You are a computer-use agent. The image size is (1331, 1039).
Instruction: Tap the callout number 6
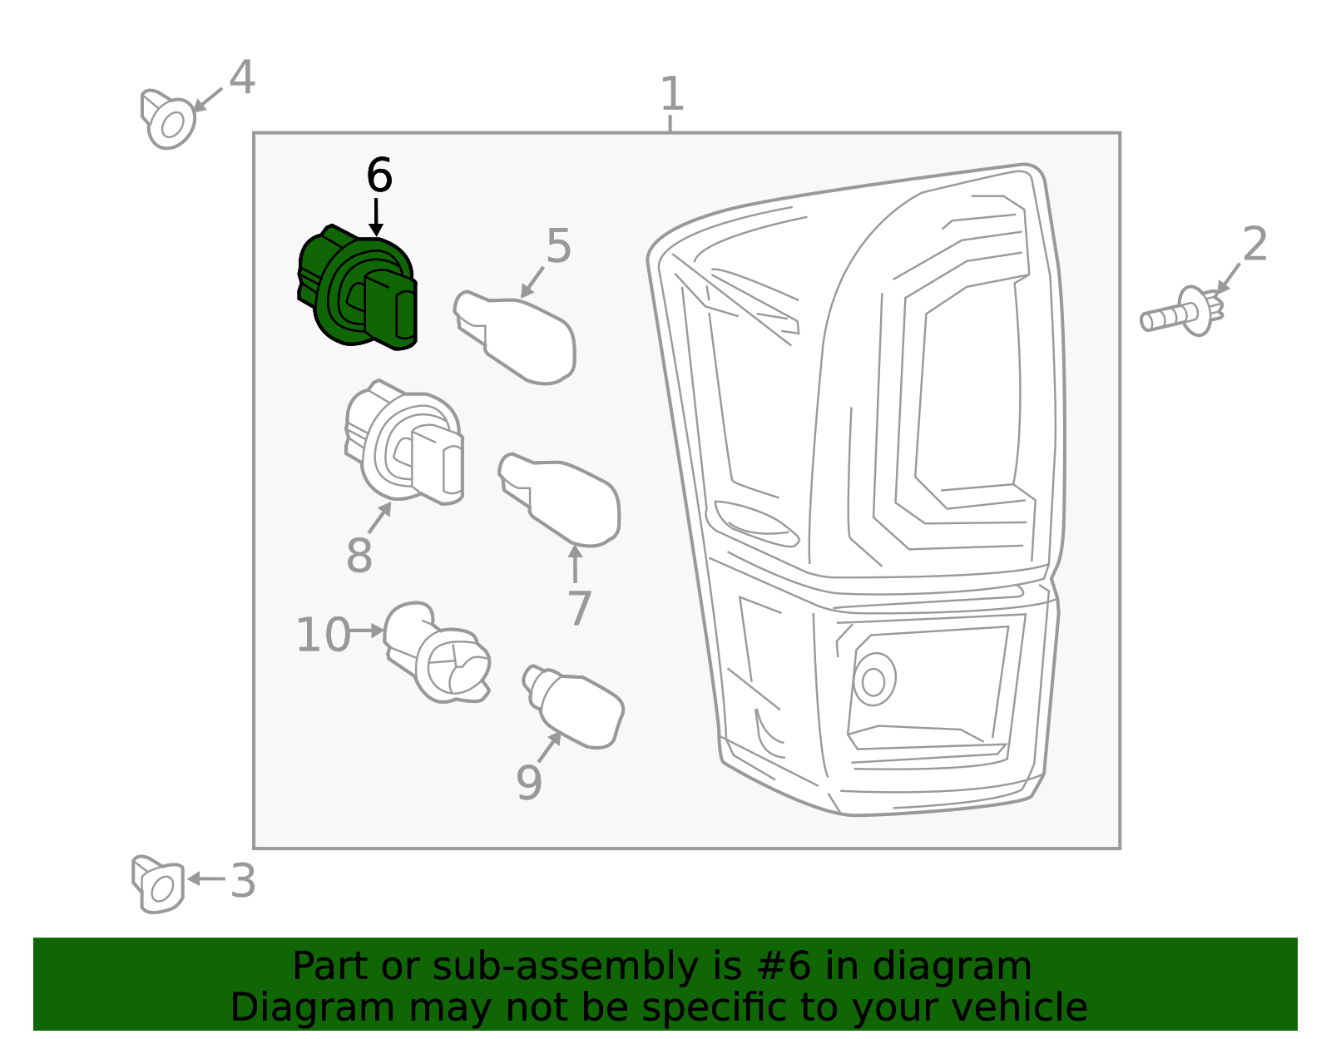(379, 176)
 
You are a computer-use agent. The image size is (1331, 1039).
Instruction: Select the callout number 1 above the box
(671, 94)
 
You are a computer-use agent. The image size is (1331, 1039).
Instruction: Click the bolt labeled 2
(1181, 313)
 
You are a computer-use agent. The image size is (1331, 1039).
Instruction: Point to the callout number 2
(1254, 245)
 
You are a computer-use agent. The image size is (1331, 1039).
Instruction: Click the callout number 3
(242, 881)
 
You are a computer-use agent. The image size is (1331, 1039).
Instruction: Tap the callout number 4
(242, 78)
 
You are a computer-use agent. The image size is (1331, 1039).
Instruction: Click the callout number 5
(558, 247)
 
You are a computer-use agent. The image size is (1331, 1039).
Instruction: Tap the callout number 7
(579, 609)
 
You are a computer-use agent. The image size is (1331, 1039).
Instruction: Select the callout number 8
(359, 556)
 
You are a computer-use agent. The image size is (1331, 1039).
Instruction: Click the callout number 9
(529, 783)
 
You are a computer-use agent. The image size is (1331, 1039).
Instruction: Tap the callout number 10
(323, 636)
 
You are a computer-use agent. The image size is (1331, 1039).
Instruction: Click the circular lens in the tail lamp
(873, 680)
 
